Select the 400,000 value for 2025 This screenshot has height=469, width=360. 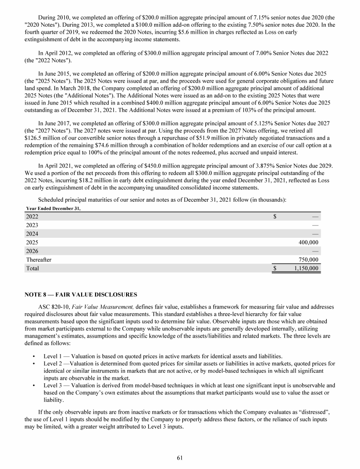pos(308,242)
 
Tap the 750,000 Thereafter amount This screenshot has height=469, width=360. pos(308,259)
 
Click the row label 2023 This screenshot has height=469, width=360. pos(32,225)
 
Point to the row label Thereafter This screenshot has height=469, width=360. pos(38,259)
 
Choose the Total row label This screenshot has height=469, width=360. pos(32,268)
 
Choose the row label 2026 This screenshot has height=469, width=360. pos(32,251)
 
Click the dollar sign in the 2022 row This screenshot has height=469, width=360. pos(275,216)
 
